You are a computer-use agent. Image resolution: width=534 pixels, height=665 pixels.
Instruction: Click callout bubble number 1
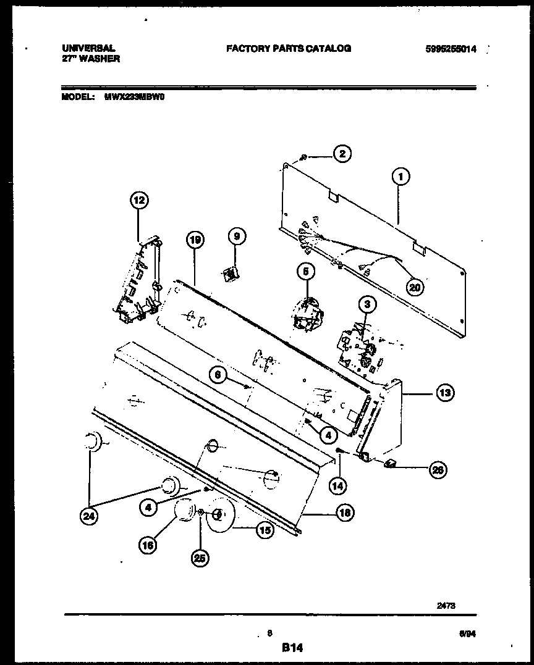[401, 177]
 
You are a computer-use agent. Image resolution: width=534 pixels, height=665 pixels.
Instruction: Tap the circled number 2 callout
[342, 154]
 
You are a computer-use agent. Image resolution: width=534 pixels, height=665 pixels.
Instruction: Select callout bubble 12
[139, 200]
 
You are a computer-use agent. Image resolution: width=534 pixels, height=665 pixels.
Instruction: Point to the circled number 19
[195, 240]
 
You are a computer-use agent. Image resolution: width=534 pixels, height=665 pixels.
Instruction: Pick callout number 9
[236, 236]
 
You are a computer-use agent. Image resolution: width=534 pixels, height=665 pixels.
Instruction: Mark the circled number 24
[90, 517]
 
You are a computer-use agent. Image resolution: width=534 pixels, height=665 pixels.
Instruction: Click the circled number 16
[147, 545]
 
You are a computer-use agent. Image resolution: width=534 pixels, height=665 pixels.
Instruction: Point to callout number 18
[345, 512]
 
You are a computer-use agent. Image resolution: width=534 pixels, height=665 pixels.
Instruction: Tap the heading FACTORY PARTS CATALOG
[289, 48]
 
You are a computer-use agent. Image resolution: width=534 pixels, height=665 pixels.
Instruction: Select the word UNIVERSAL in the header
[88, 48]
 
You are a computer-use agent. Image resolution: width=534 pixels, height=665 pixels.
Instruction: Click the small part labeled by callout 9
[231, 272]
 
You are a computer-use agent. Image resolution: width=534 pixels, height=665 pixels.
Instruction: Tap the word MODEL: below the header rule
[78, 97]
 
